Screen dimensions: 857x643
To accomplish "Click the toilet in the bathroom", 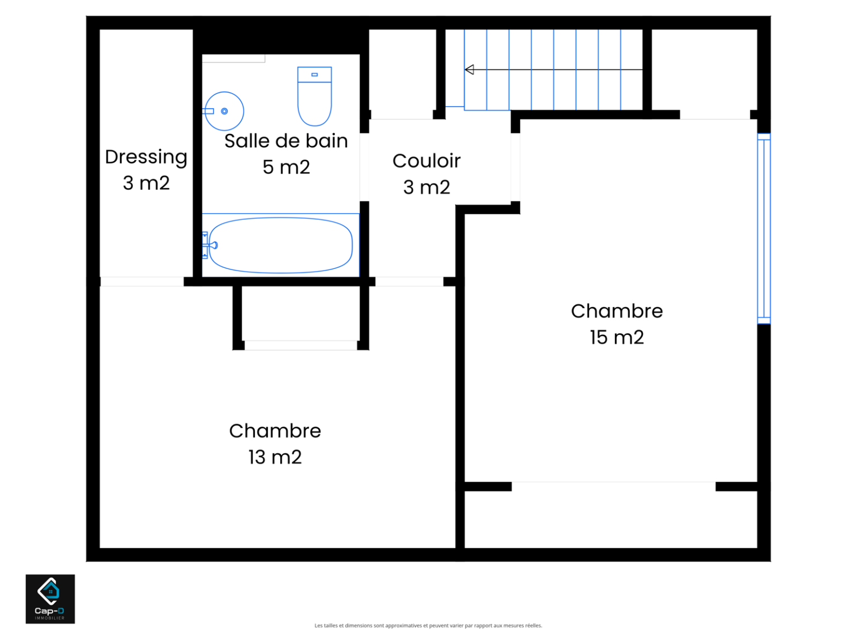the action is click(x=314, y=96).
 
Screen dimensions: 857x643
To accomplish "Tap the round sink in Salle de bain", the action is click(x=224, y=111).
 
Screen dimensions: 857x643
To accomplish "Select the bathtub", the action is click(x=280, y=245).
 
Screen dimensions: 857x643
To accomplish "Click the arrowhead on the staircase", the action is click(x=469, y=70).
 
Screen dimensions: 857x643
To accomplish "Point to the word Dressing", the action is click(x=146, y=157).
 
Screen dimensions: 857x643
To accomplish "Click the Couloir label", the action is click(x=426, y=161).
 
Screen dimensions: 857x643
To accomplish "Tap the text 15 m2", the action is click(x=617, y=337).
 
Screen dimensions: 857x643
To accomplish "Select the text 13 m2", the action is click(x=275, y=457).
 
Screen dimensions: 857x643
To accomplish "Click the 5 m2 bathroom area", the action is click(x=286, y=167).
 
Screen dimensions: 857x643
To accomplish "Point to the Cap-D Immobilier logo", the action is click(x=50, y=598).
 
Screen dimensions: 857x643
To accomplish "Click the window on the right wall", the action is click(x=764, y=228).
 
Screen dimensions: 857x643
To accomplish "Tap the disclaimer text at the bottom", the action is click(x=428, y=626).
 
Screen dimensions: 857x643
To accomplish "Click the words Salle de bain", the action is click(x=286, y=141).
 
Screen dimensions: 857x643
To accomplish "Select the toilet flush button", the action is click(x=314, y=75).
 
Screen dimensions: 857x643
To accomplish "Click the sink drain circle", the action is click(x=224, y=111).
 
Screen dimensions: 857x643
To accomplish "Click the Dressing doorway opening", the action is click(x=142, y=281).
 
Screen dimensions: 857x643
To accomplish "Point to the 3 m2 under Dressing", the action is click(x=146, y=183).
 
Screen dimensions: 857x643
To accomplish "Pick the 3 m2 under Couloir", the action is click(x=426, y=187).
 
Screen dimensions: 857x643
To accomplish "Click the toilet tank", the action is click(x=314, y=75).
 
